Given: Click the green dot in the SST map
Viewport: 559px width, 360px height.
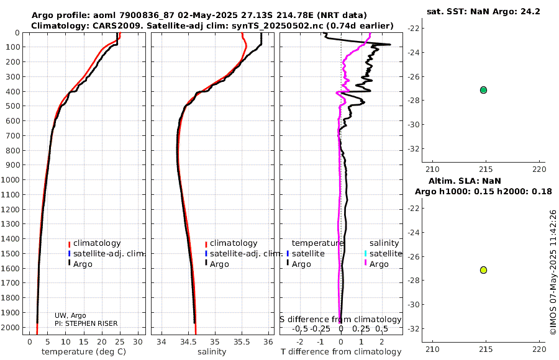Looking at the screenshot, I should (483, 90).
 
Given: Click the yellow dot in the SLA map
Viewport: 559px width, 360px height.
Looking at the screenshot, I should (483, 270).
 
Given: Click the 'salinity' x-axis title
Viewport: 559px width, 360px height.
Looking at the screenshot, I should (211, 352).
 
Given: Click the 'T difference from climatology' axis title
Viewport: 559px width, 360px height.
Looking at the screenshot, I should (341, 352).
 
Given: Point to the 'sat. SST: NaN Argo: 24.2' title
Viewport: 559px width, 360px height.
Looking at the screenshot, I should (483, 12).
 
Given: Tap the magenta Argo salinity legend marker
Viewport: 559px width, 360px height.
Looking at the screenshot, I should (365, 264).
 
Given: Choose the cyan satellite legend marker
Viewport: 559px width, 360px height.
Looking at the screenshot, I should (365, 253).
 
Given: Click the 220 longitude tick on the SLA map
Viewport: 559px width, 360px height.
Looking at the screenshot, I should (539, 349).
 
